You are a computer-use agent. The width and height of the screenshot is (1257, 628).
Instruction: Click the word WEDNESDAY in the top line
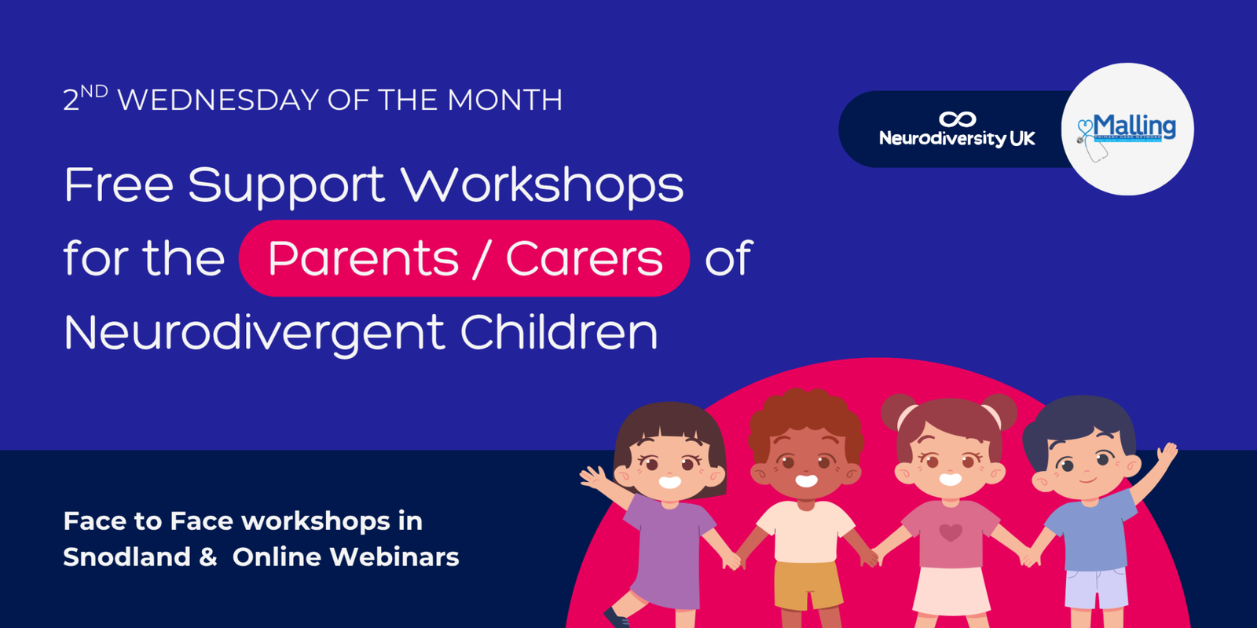218,100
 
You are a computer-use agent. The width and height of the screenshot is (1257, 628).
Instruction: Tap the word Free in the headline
118,185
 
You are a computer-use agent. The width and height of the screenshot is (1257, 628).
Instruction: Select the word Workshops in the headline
542,185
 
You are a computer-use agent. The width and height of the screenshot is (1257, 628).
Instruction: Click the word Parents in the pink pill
363,258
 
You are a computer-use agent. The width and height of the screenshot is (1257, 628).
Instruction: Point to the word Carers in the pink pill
584,258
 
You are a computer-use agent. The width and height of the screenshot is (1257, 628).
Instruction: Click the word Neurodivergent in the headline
254,333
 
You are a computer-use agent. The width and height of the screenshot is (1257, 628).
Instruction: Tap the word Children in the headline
559,332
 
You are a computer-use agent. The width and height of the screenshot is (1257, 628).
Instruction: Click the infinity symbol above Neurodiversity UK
957,119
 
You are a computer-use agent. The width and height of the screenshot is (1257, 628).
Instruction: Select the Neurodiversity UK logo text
957,139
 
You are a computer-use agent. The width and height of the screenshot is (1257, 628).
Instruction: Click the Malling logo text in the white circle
1134,126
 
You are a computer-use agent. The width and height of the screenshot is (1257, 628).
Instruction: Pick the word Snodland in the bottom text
126,557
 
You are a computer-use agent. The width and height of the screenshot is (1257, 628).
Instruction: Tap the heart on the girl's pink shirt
951,533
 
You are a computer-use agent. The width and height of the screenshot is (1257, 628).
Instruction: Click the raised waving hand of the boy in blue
1167,455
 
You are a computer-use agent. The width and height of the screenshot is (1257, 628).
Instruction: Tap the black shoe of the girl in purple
617,617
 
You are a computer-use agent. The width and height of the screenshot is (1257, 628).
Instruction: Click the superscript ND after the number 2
94,91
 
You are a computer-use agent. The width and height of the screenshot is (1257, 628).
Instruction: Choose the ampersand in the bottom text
207,557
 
